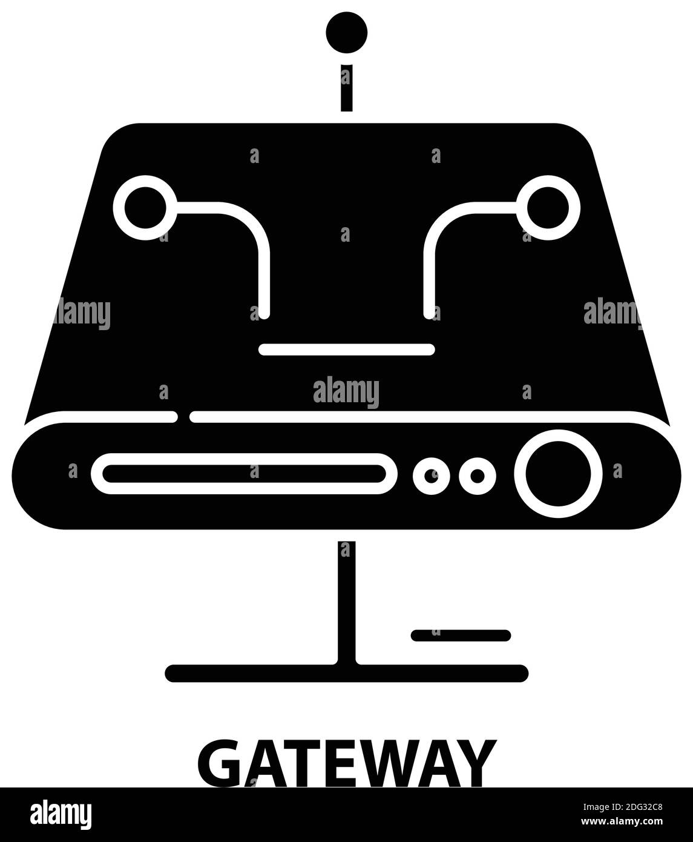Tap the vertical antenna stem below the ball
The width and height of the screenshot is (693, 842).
pos(346,88)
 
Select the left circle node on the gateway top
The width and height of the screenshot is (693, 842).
pos(145,208)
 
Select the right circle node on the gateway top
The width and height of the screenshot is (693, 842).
pos(548,208)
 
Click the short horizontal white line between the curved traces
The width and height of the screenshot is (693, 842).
pos(346,349)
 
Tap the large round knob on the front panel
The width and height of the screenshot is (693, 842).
pos(558,474)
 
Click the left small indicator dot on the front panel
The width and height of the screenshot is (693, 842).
pos(432,476)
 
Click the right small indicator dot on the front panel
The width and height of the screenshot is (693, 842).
pos(478,476)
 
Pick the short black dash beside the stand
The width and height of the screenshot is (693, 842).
pos(461,635)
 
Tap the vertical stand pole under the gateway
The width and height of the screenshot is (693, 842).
pos(346,600)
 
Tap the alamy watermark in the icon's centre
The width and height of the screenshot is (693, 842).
pos(346,392)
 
